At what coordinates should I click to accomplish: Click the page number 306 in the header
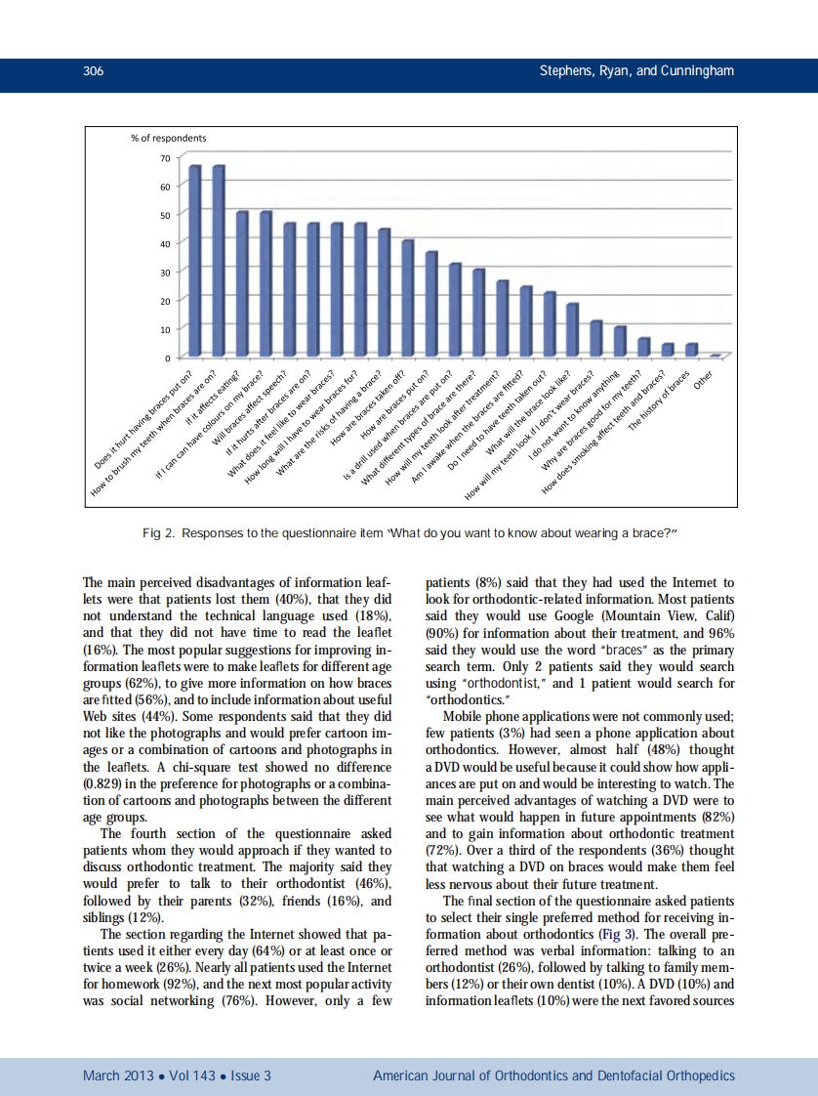tap(94, 71)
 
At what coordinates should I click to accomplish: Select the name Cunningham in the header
tap(698, 71)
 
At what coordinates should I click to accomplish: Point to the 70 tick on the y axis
tap(163, 157)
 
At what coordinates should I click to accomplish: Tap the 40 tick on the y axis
tap(163, 243)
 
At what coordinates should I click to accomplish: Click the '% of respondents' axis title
tap(168, 138)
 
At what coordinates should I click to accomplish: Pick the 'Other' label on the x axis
tap(703, 379)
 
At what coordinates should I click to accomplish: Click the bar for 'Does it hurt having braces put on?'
tap(194, 261)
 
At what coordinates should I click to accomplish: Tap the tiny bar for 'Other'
tap(716, 355)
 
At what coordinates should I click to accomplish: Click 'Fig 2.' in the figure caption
tap(159, 532)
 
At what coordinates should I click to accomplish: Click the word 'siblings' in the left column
tap(106, 918)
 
